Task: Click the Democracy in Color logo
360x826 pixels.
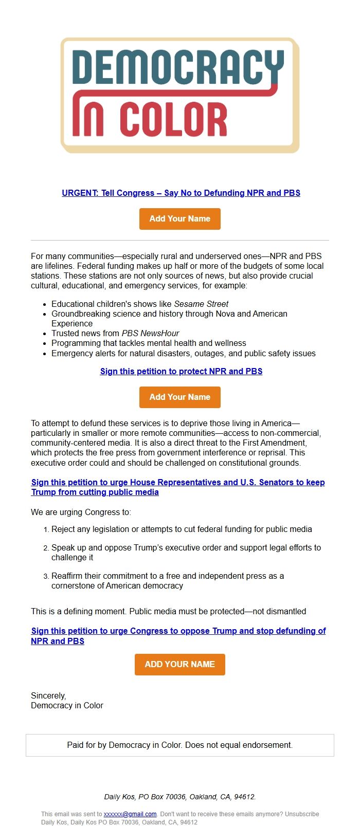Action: (180, 95)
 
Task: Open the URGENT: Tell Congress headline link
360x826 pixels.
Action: (181, 193)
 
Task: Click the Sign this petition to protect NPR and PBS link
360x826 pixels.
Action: (181, 372)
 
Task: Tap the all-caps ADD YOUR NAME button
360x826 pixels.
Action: (180, 665)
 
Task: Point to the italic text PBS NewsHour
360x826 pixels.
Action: (150, 334)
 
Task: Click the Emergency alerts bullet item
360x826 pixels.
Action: (183, 354)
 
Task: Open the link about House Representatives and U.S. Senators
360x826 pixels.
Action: (178, 487)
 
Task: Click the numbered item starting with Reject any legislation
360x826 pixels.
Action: (182, 529)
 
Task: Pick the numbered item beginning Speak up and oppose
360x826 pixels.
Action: (186, 553)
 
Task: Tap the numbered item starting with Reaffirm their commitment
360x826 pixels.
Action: (168, 581)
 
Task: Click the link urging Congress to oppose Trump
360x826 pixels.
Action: (178, 636)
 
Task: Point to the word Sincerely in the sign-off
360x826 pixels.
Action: (48, 696)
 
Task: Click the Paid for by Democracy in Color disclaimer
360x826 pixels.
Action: (180, 745)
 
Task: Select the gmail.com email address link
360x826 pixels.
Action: (130, 814)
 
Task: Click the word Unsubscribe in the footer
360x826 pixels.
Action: (302, 814)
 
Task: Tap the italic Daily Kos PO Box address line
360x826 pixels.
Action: (180, 797)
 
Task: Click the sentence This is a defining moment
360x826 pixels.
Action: (168, 612)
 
